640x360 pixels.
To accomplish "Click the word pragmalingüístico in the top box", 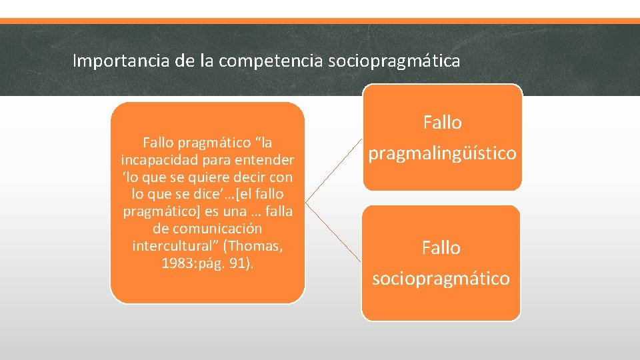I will point(442,153).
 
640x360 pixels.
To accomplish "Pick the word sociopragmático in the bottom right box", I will point(441,279).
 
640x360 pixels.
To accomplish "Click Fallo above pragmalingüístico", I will point(442,123).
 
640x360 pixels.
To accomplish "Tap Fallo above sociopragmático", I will point(441,248).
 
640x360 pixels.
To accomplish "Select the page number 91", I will point(237,263).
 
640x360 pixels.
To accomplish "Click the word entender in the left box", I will point(265,160).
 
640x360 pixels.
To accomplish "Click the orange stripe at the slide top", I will point(320,21).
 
